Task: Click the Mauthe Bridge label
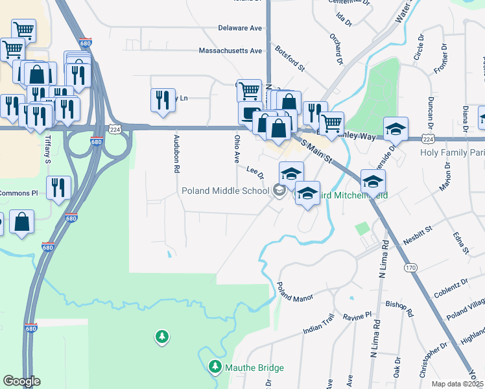point(254,368)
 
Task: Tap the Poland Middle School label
point(225,191)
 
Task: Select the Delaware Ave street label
point(239,29)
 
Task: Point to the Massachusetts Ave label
point(230,51)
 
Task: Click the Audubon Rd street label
point(176,154)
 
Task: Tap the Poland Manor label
point(295,292)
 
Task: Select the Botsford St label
point(290,58)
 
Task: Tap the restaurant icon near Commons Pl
point(59,188)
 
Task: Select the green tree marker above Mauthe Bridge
point(162,336)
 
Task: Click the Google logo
point(21,381)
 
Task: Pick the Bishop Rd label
point(399,308)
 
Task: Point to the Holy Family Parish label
point(452,153)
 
